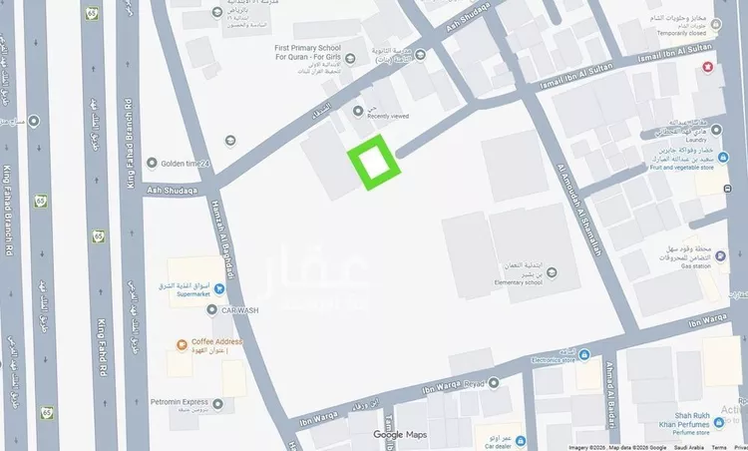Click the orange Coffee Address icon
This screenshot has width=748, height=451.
pyautogui.click(x=180, y=344)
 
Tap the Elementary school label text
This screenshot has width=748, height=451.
pyautogui.click(x=510, y=281)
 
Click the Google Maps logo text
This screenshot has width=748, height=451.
pyautogui.click(x=400, y=434)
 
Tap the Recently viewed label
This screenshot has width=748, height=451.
pyautogui.click(x=389, y=116)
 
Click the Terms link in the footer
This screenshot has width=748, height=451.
pyautogui.click(x=718, y=448)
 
